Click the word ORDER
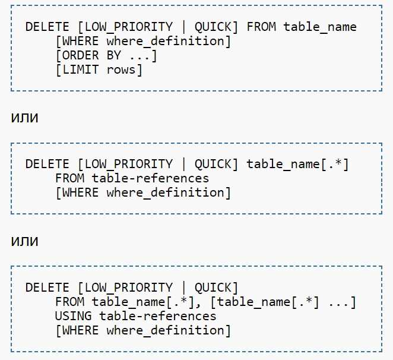pos(81,55)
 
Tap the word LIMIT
pos(81,70)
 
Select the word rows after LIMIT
pos(121,70)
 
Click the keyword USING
pos(73,316)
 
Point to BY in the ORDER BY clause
pos(114,55)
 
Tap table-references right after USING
pos(158,316)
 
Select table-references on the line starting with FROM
pos(150,178)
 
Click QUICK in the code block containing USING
pos(213,288)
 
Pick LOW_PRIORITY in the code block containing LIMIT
pos(129,27)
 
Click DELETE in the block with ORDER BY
pos(47,27)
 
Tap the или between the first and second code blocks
pos(24,118)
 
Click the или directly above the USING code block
pos(24,241)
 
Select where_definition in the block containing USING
pos(166,330)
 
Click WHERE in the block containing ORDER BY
pos(81,41)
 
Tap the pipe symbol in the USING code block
pos(183,288)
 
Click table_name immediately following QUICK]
pos(283,165)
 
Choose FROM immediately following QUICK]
pos(261,27)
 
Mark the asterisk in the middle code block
pos(338,162)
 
